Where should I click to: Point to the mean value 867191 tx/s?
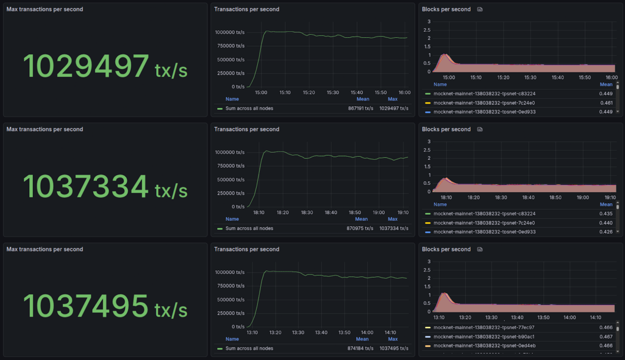point(359,108)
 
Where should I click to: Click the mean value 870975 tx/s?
point(360,228)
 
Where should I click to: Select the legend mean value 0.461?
point(606,103)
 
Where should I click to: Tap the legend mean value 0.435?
point(606,214)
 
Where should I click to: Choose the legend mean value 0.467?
point(606,337)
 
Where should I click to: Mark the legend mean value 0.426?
point(606,232)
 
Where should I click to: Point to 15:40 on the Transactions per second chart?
point(357,93)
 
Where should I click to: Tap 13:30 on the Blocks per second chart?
point(491,317)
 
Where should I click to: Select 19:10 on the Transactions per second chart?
point(402,213)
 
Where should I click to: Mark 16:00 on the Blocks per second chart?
point(612,77)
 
